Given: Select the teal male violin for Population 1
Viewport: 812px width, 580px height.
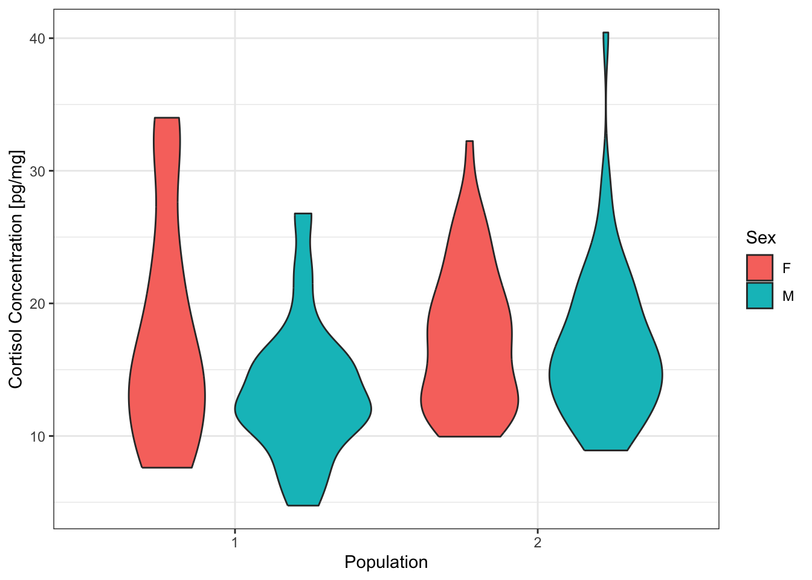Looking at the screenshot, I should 303,399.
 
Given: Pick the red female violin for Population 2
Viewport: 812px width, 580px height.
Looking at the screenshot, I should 469,362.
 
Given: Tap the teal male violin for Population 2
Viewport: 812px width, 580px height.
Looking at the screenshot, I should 605,375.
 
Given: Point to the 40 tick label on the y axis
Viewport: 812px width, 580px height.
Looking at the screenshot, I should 39,39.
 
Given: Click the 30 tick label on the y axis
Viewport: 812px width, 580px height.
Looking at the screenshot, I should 39,171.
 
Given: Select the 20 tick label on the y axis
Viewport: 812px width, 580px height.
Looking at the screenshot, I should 39,303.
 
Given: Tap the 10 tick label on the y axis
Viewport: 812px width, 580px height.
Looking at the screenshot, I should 39,436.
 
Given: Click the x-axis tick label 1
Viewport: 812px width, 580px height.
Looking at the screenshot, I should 234,542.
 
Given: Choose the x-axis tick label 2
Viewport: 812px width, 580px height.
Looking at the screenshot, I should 537,542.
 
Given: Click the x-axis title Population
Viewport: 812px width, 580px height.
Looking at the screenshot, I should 386,562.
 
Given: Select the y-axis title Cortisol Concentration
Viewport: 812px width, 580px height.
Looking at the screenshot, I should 16,269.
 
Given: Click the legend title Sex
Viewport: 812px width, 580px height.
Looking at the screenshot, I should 761,237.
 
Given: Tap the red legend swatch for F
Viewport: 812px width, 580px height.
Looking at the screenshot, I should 759,268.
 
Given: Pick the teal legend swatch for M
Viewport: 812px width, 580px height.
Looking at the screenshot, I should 759,295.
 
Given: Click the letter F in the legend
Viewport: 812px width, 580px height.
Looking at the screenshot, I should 786,268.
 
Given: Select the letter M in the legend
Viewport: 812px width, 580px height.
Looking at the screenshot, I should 787,296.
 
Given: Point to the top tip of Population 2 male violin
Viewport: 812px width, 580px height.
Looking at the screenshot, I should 605,33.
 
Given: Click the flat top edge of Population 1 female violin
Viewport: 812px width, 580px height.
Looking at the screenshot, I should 167,118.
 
